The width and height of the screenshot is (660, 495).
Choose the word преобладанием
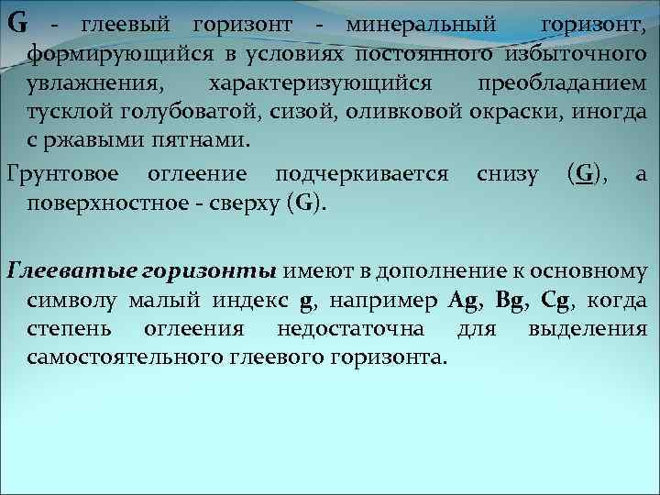(x=561, y=83)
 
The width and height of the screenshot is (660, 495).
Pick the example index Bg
(x=511, y=300)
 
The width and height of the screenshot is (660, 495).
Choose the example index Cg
(x=556, y=300)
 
